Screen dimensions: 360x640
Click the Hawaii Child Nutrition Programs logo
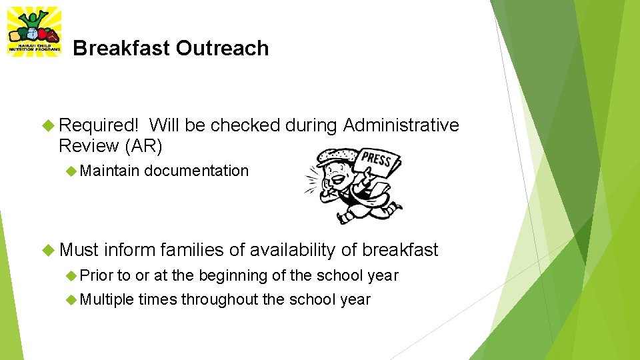click(x=33, y=31)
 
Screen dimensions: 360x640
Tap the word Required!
click(x=99, y=125)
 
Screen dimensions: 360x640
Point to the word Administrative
click(x=401, y=125)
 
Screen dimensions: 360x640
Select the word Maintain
click(x=109, y=171)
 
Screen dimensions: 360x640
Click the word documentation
click(x=196, y=171)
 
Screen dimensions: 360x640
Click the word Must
click(x=79, y=250)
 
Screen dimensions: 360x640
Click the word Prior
click(x=97, y=275)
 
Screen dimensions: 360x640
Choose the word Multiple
click(x=107, y=299)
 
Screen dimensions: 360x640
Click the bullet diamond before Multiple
click(x=71, y=299)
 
